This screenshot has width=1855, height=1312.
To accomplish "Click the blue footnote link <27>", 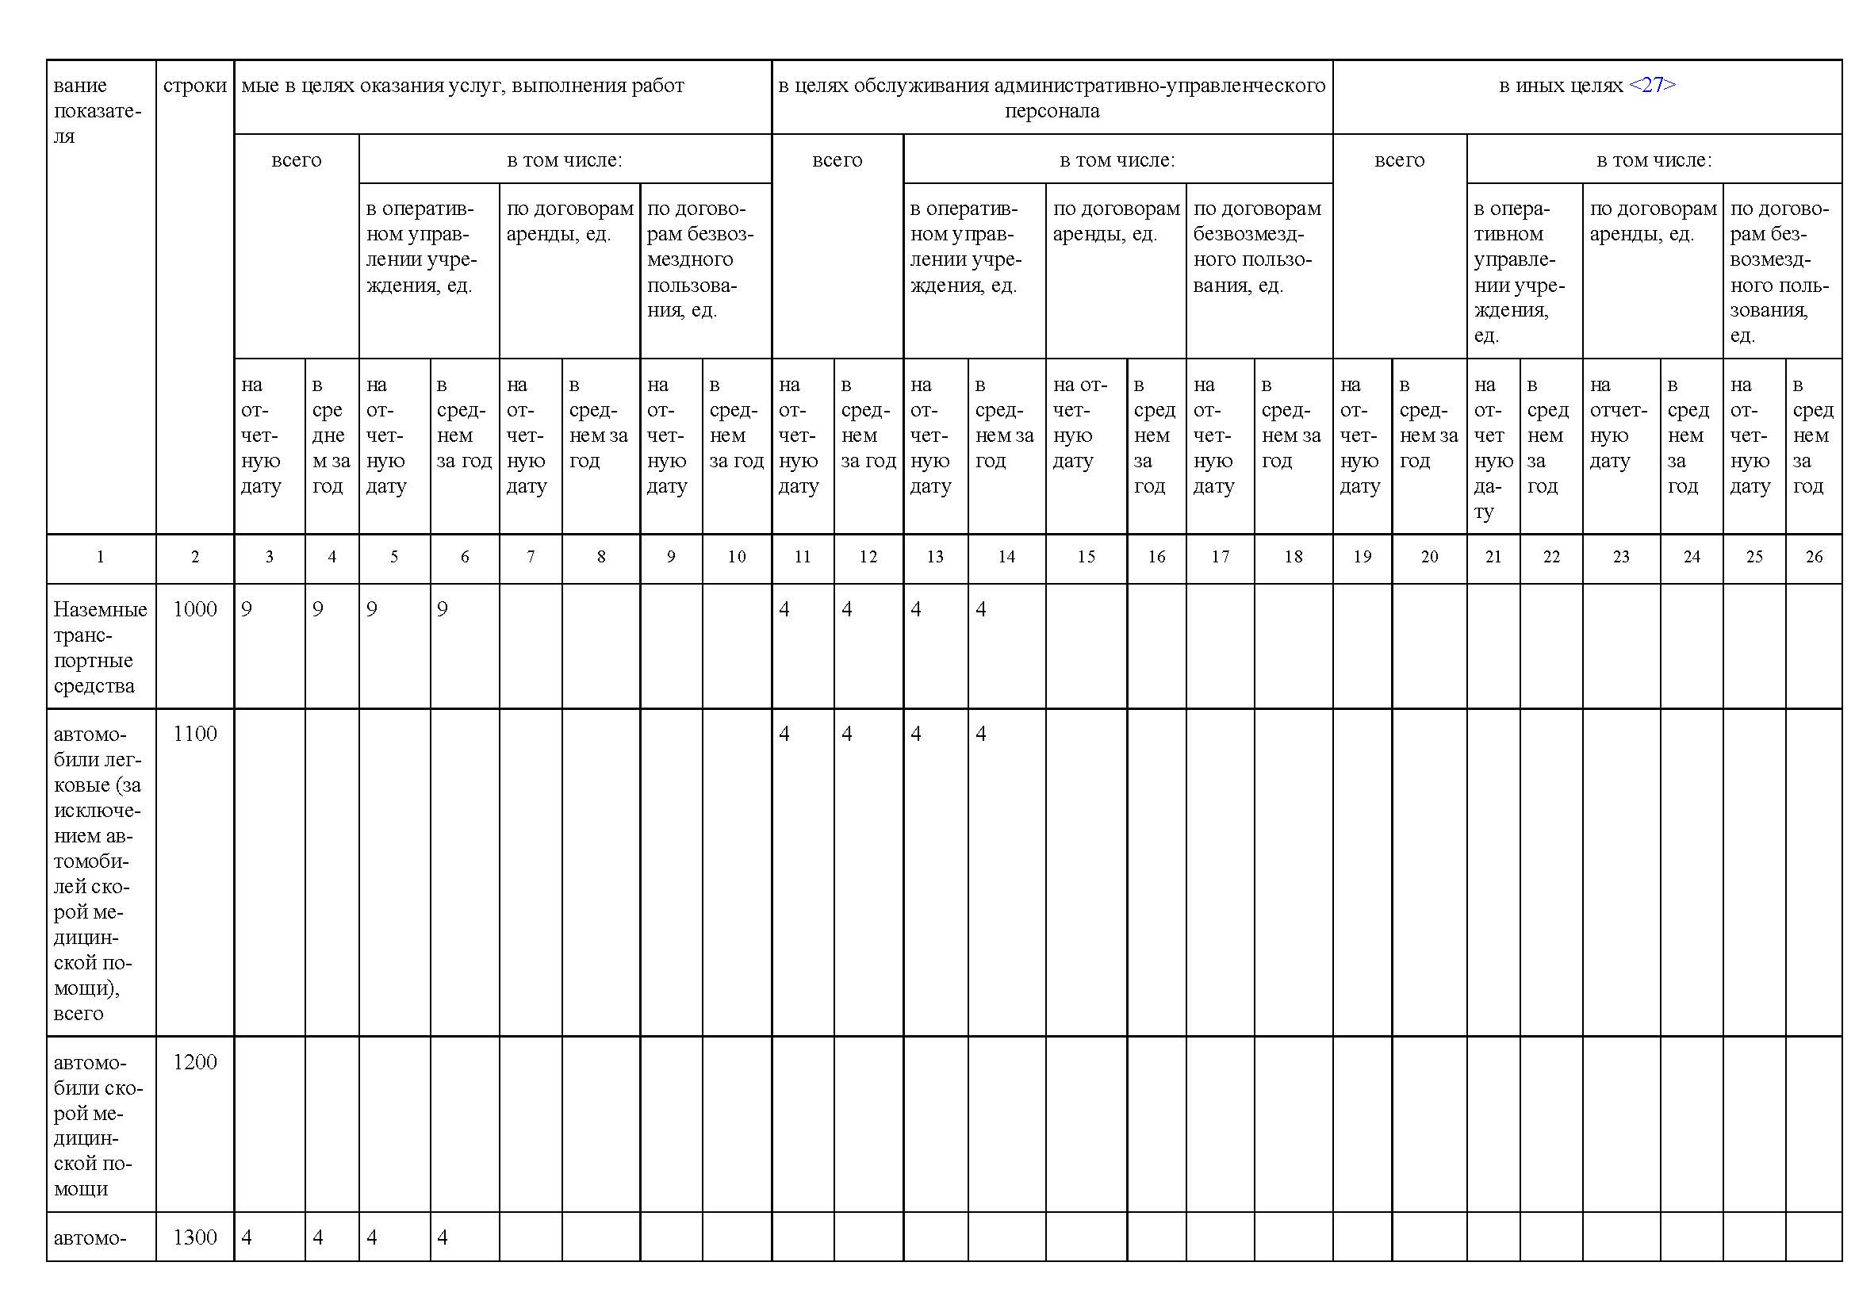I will (1652, 86).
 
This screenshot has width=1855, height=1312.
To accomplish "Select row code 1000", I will (195, 609).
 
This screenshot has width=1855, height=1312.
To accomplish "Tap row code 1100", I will (195, 734).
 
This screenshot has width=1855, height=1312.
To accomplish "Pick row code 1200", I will (195, 1061).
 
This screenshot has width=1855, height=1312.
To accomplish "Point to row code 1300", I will (195, 1237).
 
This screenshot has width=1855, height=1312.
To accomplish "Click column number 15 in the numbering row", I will (1086, 557).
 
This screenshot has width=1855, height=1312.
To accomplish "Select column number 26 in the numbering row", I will (1814, 557).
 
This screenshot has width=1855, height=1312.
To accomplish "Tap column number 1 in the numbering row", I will (100, 557).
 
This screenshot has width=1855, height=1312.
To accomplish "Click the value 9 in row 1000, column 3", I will (247, 609).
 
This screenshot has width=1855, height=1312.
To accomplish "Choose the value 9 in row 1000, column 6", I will (442, 609).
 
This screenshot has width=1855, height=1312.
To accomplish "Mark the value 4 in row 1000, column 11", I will (784, 609).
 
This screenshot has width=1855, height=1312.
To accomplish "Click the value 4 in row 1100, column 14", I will (981, 734).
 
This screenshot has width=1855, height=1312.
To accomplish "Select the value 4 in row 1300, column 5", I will (372, 1237).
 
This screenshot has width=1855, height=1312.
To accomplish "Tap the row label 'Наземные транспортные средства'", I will (99, 647).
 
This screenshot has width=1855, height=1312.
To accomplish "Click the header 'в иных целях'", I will (1560, 86).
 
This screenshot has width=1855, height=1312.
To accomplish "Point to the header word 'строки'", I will (195, 86).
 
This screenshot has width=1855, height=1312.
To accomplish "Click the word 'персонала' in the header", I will (1052, 112).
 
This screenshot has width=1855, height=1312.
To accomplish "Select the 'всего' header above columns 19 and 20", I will (1398, 160).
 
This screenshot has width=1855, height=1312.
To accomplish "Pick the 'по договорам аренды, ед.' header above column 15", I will (1116, 221).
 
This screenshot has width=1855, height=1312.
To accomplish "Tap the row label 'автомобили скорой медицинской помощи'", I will (97, 1125).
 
